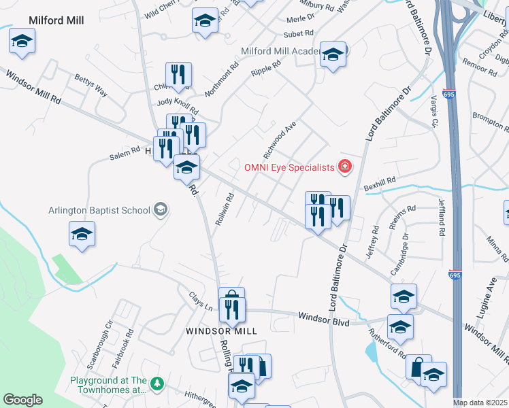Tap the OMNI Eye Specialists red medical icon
[345, 167]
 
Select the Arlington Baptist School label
[99, 209]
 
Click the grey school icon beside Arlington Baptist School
[161, 209]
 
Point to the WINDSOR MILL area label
[223, 331]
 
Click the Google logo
[22, 400]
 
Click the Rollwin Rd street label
[225, 209]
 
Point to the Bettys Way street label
[91, 85]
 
